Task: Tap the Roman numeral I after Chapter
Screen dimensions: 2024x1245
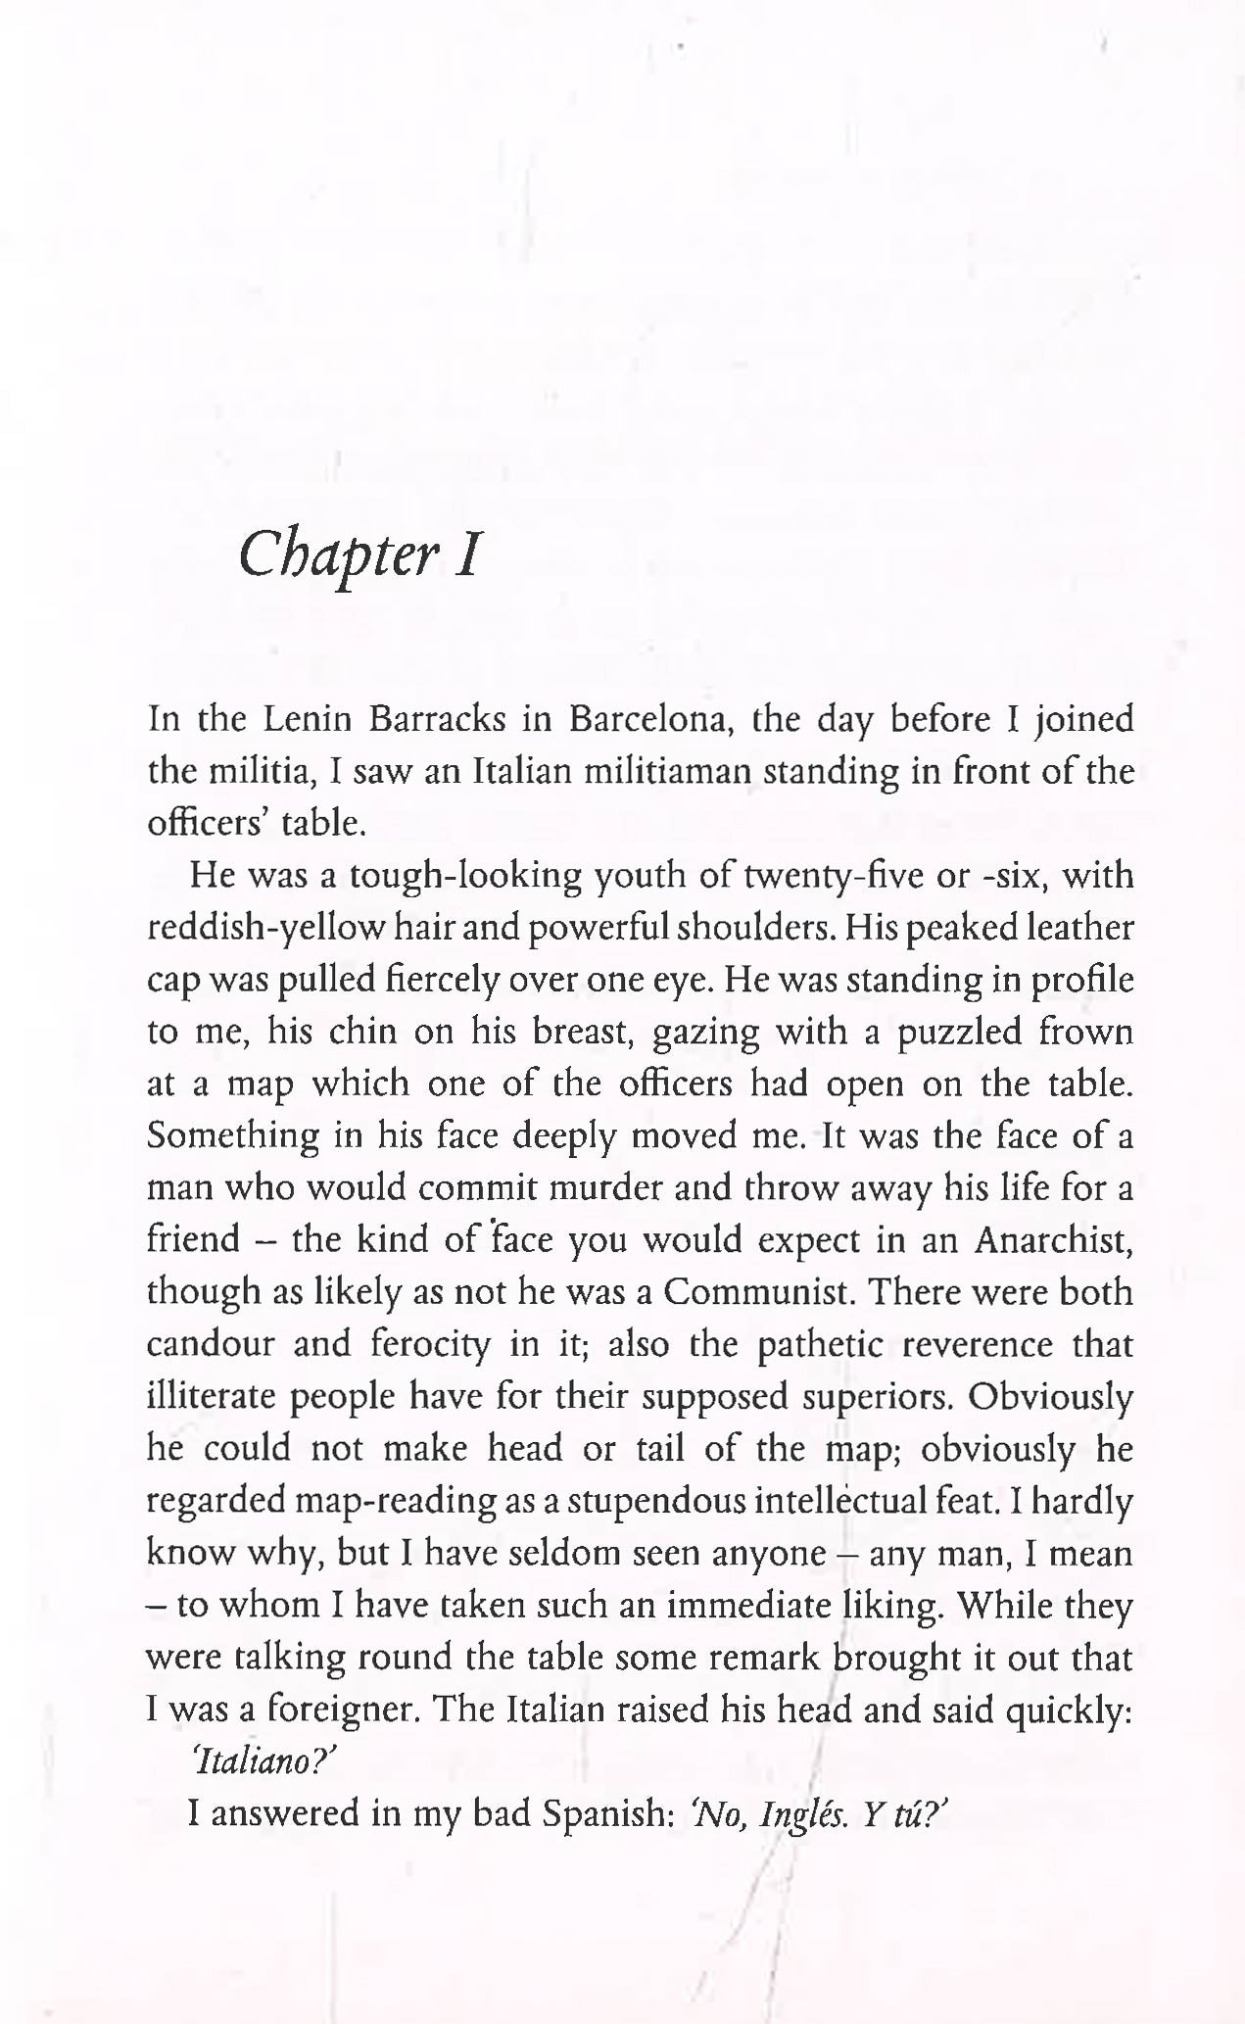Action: click(465, 554)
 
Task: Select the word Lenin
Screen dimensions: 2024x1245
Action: click(308, 720)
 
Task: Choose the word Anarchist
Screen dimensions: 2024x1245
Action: click(1054, 1240)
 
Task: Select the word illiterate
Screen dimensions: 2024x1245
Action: click(211, 1396)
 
